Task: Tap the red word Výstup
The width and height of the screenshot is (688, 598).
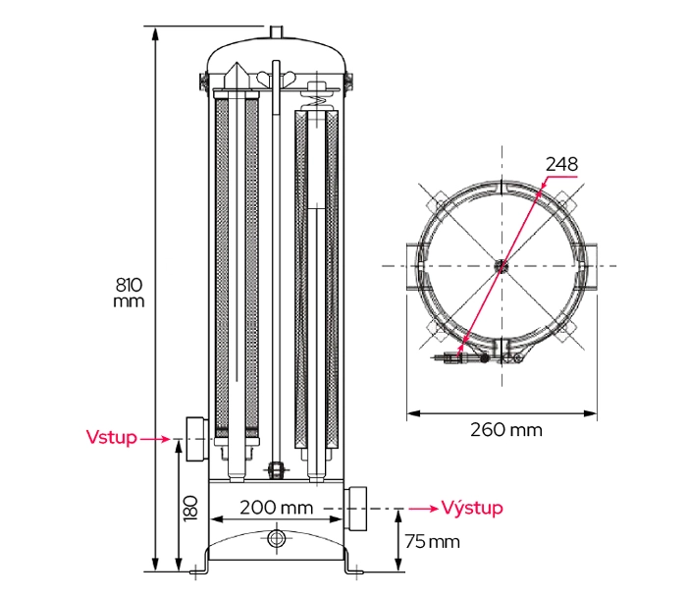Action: (x=472, y=508)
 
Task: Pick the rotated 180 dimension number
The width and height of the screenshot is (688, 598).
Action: (x=190, y=507)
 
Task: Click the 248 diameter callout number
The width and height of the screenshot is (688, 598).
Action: (x=562, y=164)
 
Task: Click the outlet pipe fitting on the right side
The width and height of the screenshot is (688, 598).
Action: (x=357, y=508)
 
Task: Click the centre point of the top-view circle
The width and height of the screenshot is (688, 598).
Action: (x=501, y=265)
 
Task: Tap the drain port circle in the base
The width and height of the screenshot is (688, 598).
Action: (x=276, y=538)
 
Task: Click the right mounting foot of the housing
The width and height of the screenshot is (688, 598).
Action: (x=350, y=566)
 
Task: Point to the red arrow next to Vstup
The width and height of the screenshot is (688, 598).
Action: (x=158, y=439)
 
